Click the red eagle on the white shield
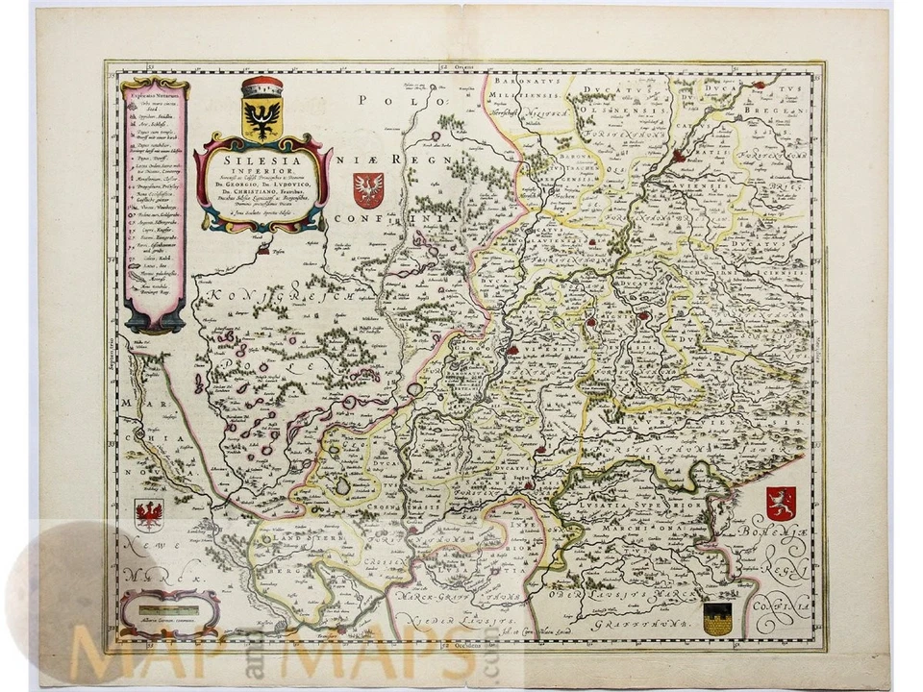[x=149, y=515]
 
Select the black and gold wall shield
[x=717, y=618]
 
